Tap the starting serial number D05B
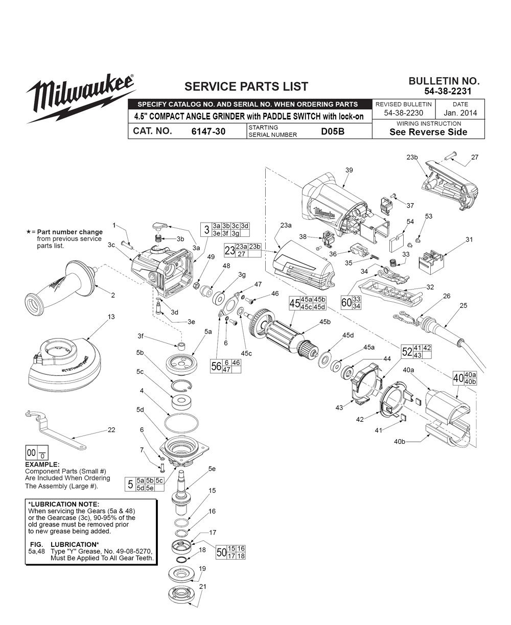[x=333, y=131]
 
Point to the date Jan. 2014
[x=460, y=113]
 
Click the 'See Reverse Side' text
[x=428, y=132]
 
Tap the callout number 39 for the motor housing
[x=349, y=170]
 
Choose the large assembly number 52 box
[x=407, y=351]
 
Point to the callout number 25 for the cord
[x=463, y=306]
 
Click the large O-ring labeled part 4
[x=182, y=423]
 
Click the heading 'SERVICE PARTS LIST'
[x=246, y=87]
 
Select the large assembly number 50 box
[x=221, y=552]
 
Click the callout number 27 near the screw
[x=475, y=157]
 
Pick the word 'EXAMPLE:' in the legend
[x=42, y=465]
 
